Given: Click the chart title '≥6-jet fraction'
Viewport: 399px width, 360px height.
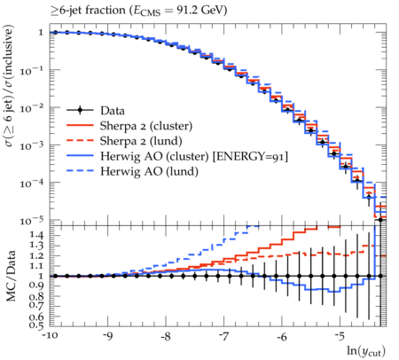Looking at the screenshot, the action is pyautogui.click(x=88, y=11).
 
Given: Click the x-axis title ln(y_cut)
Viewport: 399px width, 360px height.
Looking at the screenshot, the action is pyautogui.click(x=366, y=351).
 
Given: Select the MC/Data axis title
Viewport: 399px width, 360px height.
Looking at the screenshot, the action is pyautogui.click(x=11, y=276).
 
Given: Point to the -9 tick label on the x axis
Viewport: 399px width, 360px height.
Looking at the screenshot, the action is pyautogui.click(x=107, y=336).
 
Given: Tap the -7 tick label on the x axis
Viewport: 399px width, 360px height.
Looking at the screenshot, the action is pyautogui.click(x=223, y=336).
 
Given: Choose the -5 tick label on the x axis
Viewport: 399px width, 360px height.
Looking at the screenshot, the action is pyautogui.click(x=340, y=336).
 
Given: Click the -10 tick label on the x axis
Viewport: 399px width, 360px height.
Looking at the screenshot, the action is pyautogui.click(x=50, y=336).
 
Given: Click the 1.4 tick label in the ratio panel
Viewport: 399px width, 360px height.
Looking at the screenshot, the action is pyautogui.click(x=36, y=236).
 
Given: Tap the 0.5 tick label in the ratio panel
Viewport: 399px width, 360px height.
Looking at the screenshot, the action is pyautogui.click(x=36, y=325).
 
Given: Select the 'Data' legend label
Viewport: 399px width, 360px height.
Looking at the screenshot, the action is pyautogui.click(x=113, y=111).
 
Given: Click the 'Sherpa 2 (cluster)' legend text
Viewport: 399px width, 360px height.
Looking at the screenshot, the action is pyautogui.click(x=146, y=126).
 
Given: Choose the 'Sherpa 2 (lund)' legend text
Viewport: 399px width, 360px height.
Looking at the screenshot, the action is pyautogui.click(x=141, y=141).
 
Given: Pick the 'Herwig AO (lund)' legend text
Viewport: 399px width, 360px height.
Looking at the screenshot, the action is pyautogui.click(x=149, y=171).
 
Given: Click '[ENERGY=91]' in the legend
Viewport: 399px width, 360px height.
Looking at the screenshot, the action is pyautogui.click(x=250, y=156).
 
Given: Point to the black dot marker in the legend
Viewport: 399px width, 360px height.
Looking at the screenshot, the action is pyautogui.click(x=80, y=111).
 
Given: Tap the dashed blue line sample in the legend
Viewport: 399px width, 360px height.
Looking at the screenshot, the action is pyautogui.click(x=80, y=171).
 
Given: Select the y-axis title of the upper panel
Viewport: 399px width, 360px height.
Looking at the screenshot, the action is pyautogui.click(x=9, y=86).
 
